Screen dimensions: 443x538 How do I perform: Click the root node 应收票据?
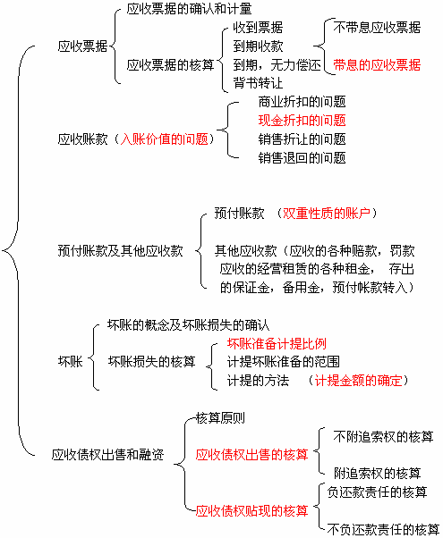82,46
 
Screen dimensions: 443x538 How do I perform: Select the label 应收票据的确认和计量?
189,9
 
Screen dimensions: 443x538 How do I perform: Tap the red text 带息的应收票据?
377,65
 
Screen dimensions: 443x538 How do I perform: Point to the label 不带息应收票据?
377,28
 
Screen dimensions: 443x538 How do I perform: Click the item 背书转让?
258,83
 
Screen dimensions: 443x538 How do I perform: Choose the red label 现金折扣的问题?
302,121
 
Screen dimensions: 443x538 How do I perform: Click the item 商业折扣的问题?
302,102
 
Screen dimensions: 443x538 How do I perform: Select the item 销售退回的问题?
302,158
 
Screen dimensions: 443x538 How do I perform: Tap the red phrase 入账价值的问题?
165,139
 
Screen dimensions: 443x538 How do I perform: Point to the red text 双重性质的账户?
326,214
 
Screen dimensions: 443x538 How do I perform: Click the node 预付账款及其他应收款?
120,251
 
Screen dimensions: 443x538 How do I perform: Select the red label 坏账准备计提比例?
277,343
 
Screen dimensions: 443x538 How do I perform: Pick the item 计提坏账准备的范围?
283,362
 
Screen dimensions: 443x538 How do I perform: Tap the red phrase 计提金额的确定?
358,381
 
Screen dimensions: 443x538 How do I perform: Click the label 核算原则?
220,418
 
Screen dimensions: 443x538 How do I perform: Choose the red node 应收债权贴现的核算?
251,511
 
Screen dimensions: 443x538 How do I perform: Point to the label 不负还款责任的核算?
383,529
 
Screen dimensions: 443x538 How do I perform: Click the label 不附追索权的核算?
383,437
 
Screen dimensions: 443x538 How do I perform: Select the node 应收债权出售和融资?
107,455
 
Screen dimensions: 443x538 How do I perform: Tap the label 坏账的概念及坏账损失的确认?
188,325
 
